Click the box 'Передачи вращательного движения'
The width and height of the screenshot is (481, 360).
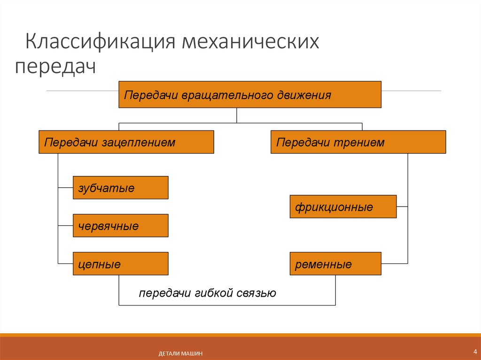[249, 95]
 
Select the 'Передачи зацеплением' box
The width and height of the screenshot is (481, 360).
[126, 142]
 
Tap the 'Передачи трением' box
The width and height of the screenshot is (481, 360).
[358, 142]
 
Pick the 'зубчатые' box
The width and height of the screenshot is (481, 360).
[120, 188]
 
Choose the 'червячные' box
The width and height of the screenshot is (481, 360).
[120, 226]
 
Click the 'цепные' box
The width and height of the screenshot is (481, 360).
[120, 264]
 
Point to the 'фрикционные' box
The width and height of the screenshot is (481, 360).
[343, 207]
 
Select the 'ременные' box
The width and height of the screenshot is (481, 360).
[335, 264]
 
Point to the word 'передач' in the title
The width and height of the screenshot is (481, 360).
[55, 66]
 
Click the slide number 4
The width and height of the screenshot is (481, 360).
[475, 352]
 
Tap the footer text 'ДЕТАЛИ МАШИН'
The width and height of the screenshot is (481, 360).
[181, 353]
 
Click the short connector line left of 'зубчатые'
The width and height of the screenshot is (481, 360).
[65, 188]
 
